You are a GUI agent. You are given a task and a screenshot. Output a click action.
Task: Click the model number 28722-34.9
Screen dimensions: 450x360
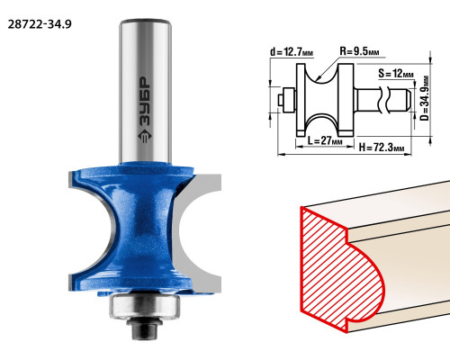40,24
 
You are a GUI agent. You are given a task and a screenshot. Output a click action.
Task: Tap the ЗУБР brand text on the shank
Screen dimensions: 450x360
146,102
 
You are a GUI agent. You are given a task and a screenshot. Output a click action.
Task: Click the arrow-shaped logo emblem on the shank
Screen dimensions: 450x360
146,137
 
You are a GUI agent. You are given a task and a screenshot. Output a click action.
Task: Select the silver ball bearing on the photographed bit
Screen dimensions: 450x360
145,307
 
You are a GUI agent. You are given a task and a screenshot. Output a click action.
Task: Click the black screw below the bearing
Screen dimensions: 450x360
145,329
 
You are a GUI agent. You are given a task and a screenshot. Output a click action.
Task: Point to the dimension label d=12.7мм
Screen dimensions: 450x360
292,52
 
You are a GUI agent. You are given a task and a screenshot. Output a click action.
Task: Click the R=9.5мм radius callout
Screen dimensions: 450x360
359,51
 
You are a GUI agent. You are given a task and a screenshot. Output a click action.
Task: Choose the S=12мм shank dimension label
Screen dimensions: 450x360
396,73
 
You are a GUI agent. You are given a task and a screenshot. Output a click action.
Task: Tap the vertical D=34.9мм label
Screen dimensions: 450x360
425,98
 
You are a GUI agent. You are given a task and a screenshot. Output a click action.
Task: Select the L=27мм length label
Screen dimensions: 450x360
325,140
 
